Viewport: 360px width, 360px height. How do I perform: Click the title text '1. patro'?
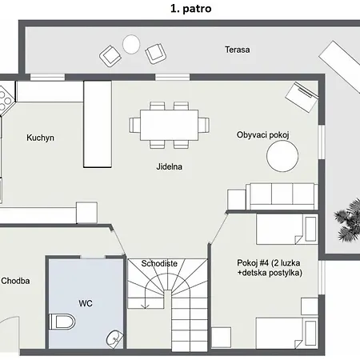(191, 9)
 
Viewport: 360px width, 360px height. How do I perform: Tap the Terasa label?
(238, 50)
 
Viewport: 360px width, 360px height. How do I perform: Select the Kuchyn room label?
(40, 138)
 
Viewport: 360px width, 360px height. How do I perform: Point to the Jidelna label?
(170, 166)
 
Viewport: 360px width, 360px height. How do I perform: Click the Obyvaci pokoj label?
(263, 134)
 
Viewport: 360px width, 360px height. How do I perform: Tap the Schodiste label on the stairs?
(159, 263)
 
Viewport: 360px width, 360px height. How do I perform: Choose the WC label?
(86, 303)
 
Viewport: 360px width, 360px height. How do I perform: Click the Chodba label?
(15, 281)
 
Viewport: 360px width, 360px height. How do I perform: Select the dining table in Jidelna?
(169, 125)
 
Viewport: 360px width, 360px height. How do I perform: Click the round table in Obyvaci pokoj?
(282, 156)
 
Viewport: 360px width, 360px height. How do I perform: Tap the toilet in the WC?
(62, 322)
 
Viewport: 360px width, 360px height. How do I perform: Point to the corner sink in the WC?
(115, 338)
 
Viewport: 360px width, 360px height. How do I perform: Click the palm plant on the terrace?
(347, 220)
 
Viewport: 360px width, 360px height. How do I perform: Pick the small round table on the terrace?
(131, 44)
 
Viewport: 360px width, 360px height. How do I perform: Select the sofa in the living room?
(282, 196)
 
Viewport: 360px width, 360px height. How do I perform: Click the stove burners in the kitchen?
(5, 101)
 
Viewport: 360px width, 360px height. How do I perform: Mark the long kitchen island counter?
(98, 124)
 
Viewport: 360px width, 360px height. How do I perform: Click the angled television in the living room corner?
(302, 97)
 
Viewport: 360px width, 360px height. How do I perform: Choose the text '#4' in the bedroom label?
(264, 263)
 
